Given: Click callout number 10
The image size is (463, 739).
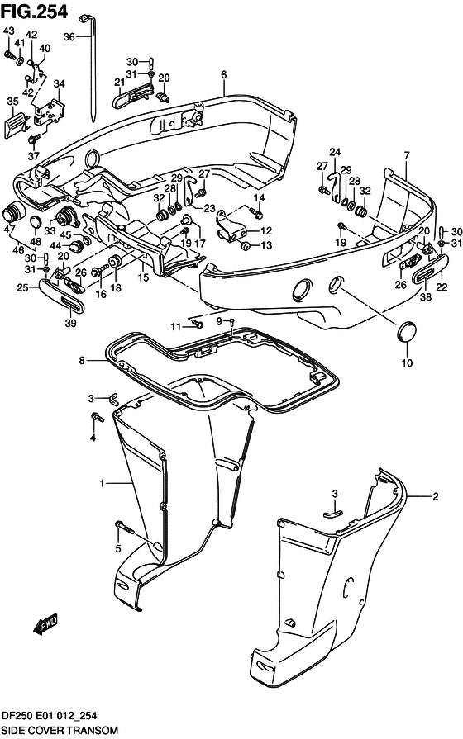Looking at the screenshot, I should click(x=405, y=362).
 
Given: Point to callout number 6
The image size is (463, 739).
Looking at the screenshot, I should click(x=223, y=74).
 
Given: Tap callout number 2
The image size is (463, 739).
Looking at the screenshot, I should click(x=434, y=496).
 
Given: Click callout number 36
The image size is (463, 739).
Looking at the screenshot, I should click(x=69, y=36).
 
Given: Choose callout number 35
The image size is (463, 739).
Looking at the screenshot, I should click(x=12, y=102).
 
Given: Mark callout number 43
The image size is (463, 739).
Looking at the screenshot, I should click(x=8, y=31).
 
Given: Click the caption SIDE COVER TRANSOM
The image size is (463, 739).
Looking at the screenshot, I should click(x=59, y=731).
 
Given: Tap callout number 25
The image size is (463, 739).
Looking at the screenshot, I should click(x=24, y=287).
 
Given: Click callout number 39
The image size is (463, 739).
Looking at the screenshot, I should click(x=70, y=323).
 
